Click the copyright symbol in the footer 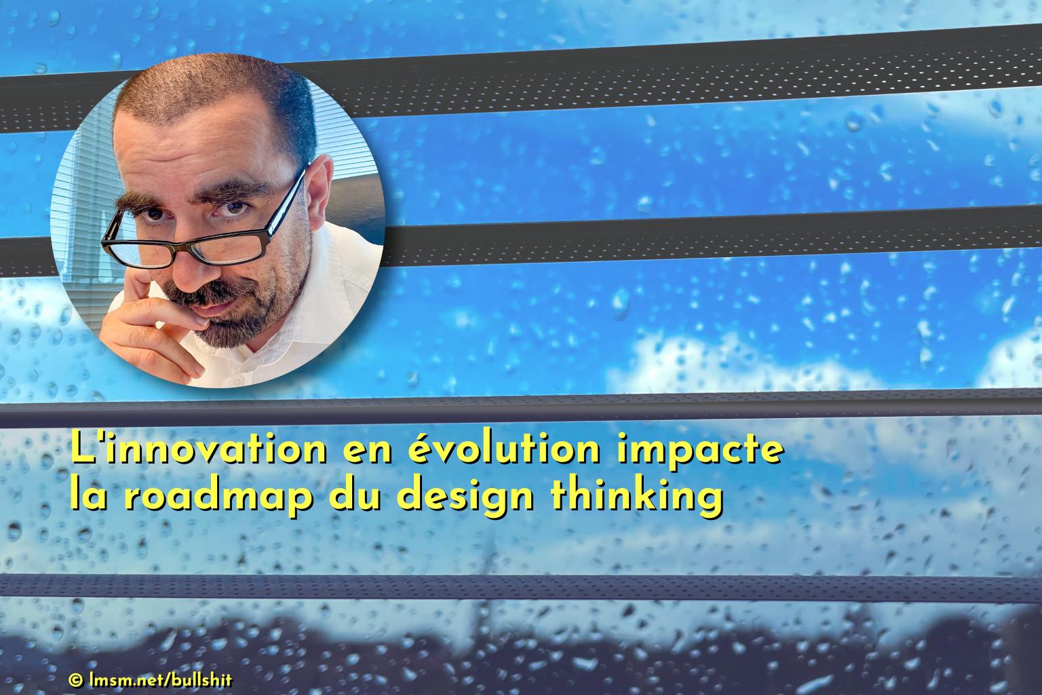tap(75, 680)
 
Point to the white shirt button tap(238, 381)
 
